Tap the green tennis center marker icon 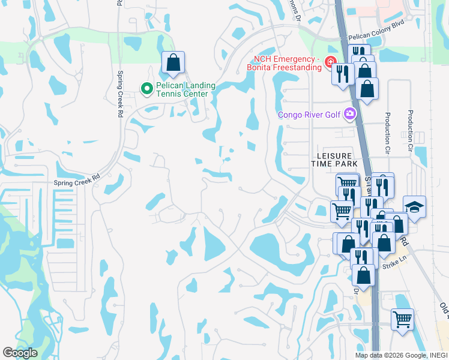click(x=146, y=89)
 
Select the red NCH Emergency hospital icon click(x=330, y=62)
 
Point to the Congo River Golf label click(x=309, y=115)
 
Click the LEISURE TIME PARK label click(x=333, y=159)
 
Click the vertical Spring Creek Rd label click(x=121, y=95)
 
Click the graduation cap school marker click(x=414, y=207)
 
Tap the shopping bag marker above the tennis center click(x=173, y=62)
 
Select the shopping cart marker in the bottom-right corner click(x=402, y=318)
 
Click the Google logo click(x=20, y=353)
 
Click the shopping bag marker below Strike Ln click(x=364, y=276)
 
